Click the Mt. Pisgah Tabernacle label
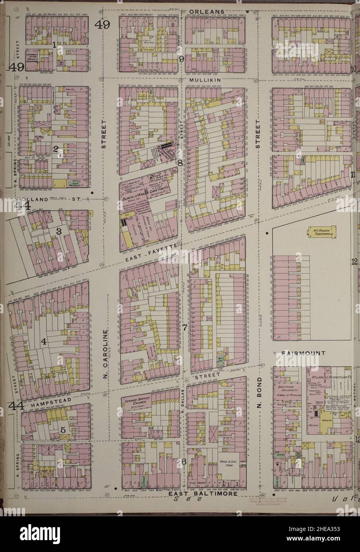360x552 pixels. (319, 232)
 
